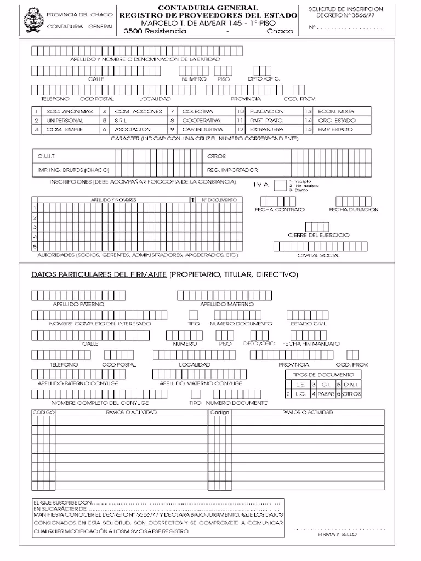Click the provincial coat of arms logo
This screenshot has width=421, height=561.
(x=34, y=20)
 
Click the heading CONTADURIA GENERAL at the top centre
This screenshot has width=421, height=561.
(x=208, y=8)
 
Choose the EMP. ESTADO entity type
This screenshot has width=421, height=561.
(x=336, y=129)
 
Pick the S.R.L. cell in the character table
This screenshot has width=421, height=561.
(x=121, y=120)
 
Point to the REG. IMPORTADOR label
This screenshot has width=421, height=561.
(x=232, y=170)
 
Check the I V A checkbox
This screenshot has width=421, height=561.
(x=280, y=185)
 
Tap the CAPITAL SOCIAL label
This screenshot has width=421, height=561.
(x=318, y=255)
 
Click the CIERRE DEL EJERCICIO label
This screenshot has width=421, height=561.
(x=318, y=235)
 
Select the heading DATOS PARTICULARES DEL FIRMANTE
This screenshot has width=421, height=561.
(x=99, y=274)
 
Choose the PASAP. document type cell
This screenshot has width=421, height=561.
(x=326, y=394)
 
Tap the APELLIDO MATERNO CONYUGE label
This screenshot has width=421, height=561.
(x=201, y=383)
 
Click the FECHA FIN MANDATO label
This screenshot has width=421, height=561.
(x=311, y=344)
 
